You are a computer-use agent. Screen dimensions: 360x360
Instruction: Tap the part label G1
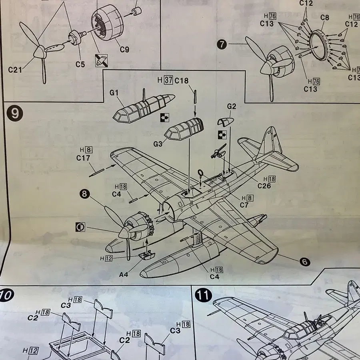pyautogui.click(x=114, y=93)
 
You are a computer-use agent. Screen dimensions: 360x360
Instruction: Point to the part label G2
pyautogui.click(x=232, y=106)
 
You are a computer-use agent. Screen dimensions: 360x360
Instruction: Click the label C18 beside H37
pyautogui.click(x=181, y=80)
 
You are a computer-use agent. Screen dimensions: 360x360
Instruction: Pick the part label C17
pyautogui.click(x=83, y=158)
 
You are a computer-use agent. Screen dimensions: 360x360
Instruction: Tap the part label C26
pyautogui.click(x=264, y=186)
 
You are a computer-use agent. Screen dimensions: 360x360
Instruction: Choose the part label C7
pyautogui.click(x=244, y=205)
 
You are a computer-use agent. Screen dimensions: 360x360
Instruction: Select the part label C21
pyautogui.click(x=15, y=70)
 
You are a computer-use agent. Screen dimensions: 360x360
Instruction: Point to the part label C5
pyautogui.click(x=80, y=64)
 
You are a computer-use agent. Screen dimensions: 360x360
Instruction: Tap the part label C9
pyautogui.click(x=124, y=50)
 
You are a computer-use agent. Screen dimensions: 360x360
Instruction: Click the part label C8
pyautogui.click(x=325, y=18)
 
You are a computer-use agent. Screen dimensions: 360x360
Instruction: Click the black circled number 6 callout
pyautogui.click(x=305, y=262)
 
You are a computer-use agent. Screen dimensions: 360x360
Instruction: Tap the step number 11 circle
pyautogui.click(x=203, y=297)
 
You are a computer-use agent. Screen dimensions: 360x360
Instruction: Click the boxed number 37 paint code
pyautogui.click(x=168, y=80)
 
